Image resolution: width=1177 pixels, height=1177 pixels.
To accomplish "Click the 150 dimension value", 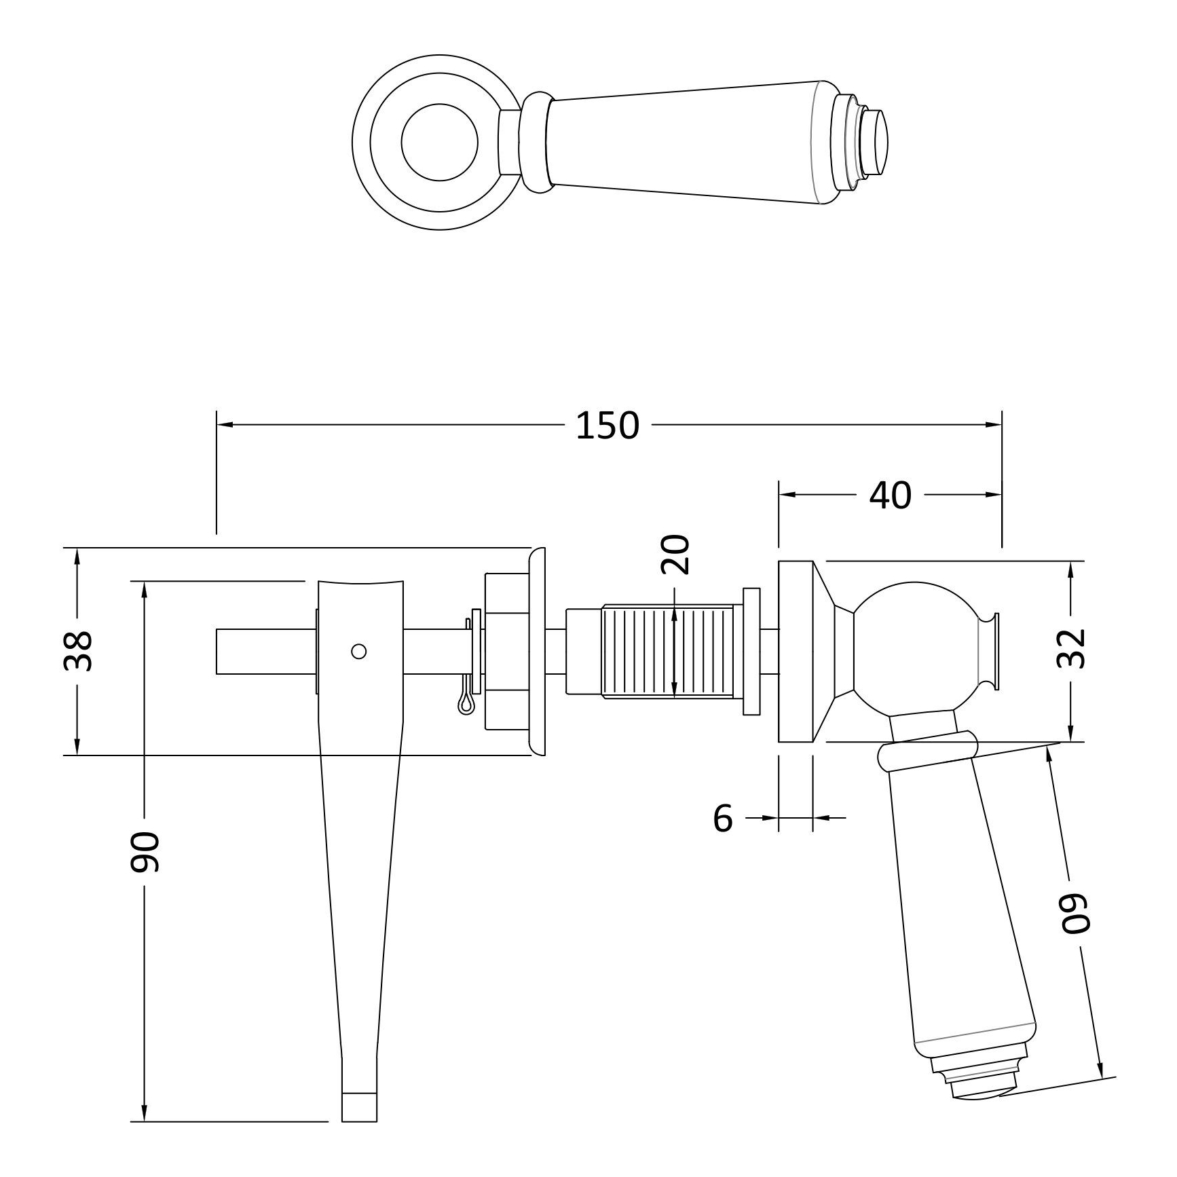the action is pos(608,426).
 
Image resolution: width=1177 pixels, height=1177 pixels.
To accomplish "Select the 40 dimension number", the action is pos(890,496).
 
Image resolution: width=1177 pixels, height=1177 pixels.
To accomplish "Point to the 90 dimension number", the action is pos(145,851).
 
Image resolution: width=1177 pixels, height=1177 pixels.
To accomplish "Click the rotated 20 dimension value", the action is pos(675,554).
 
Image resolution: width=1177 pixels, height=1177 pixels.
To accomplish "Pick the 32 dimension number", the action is pos(1071,648).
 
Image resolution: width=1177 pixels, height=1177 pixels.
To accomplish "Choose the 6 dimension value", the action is pos(724,819).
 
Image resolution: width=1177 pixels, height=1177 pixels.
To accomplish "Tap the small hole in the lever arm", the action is pos(360,651).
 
